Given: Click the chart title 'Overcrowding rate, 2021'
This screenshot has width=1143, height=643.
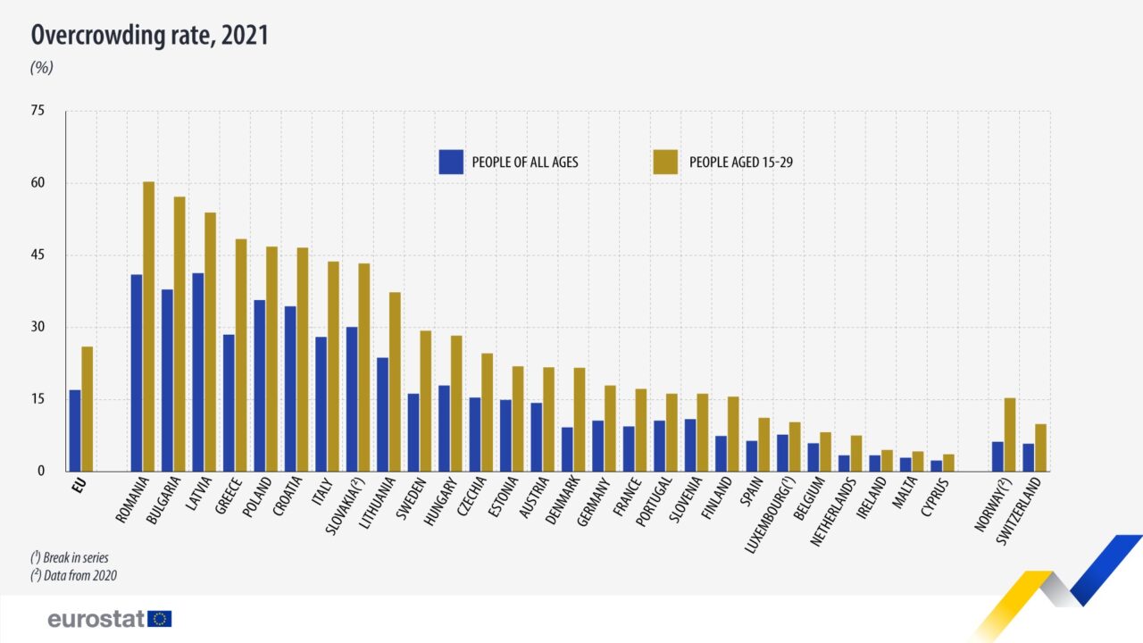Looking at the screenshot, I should pyautogui.click(x=150, y=36).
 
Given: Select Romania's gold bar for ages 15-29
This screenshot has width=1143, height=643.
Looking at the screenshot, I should pyautogui.click(x=149, y=326).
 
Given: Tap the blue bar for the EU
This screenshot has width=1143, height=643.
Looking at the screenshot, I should pyautogui.click(x=75, y=430).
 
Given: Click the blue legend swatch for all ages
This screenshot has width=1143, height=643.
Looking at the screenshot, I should pyautogui.click(x=451, y=162).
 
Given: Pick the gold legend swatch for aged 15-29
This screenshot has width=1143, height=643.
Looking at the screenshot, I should pyautogui.click(x=665, y=162).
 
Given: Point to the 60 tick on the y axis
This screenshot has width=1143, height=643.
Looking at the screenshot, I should pyautogui.click(x=38, y=183).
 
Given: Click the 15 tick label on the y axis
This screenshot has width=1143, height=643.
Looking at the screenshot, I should pyautogui.click(x=38, y=399).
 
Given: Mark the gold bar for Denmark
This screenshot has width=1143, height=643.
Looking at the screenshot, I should pyautogui.click(x=580, y=419).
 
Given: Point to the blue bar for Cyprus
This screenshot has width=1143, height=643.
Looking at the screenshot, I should pyautogui.click(x=936, y=465).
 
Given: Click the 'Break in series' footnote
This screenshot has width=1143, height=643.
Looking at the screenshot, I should pyautogui.click(x=70, y=557).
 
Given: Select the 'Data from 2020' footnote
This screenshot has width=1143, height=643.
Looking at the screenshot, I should pyautogui.click(x=73, y=576).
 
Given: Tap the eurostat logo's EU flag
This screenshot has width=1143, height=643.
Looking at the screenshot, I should pyautogui.click(x=160, y=619).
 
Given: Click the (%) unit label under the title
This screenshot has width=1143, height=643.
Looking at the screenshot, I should pyautogui.click(x=42, y=67).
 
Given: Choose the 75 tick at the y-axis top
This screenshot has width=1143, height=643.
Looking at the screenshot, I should pyautogui.click(x=38, y=111).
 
